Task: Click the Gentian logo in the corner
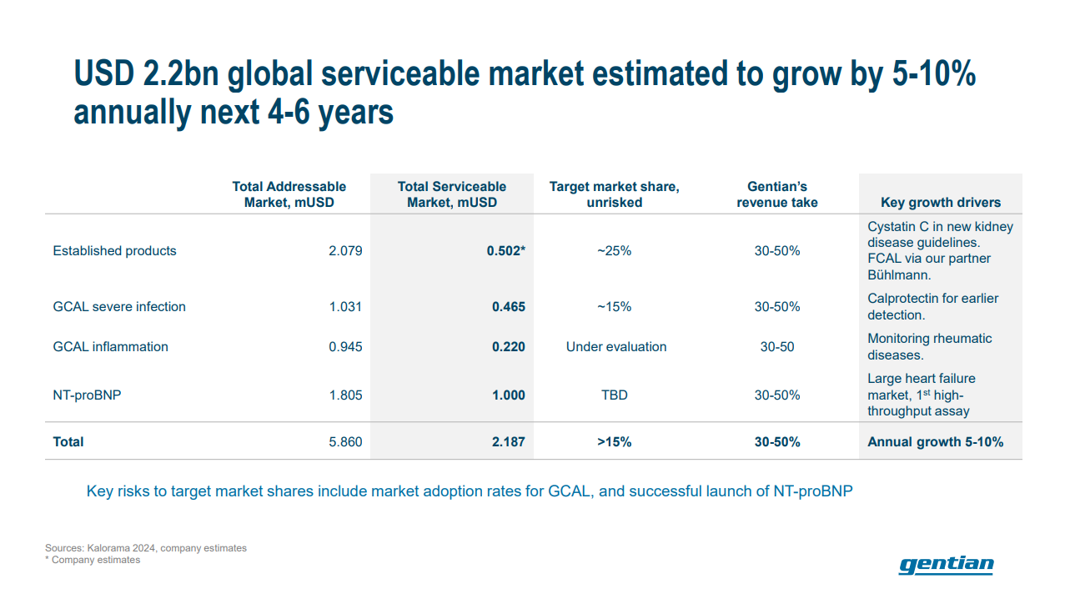(946, 565)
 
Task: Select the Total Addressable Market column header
(289, 194)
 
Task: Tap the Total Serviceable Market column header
(451, 194)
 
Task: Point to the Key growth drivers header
(940, 202)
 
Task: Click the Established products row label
(114, 250)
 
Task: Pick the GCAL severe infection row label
(119, 306)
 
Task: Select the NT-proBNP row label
(87, 395)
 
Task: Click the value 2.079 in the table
(345, 250)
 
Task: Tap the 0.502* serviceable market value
(505, 250)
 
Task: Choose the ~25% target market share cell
(614, 250)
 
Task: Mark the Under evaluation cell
(615, 346)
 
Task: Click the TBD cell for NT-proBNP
(614, 395)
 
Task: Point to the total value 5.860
(345, 441)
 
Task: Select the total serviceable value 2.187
(508, 441)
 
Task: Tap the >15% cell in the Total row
(614, 441)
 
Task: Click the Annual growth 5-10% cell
(935, 441)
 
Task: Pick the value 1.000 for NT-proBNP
(508, 395)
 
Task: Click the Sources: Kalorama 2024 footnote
(146, 548)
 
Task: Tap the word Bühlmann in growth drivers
(899, 274)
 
